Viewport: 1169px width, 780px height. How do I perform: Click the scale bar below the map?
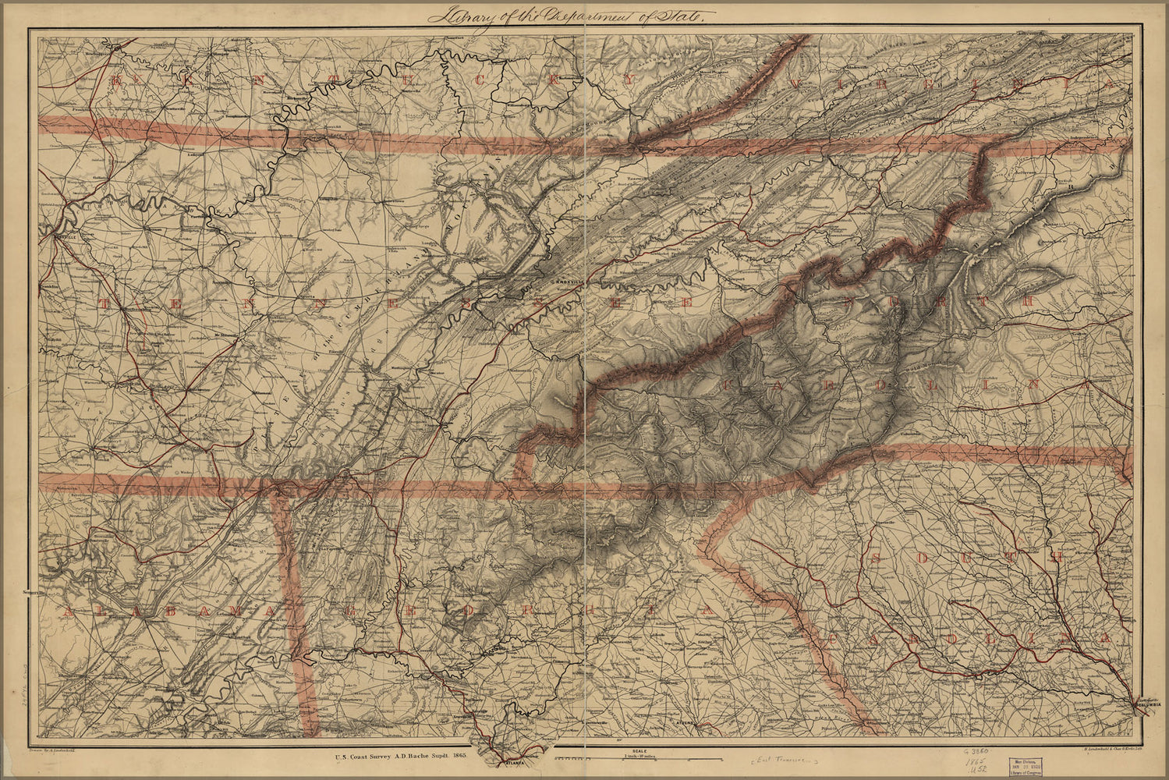[649, 758]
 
